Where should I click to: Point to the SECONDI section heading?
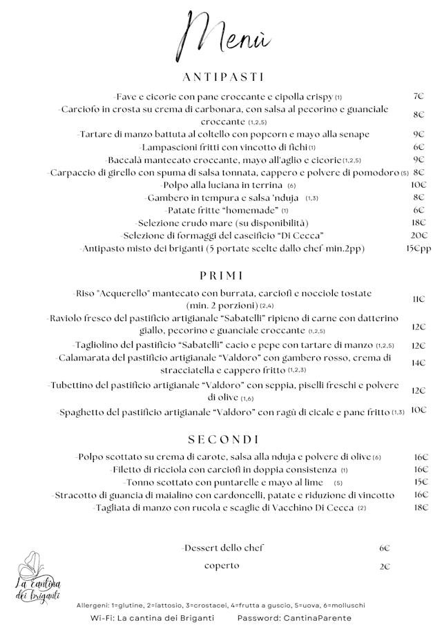point(223,439)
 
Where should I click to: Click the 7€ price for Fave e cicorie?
point(419,97)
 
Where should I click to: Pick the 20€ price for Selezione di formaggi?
point(419,235)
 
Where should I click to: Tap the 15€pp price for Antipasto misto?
point(418,249)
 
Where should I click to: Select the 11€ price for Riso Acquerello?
point(419,299)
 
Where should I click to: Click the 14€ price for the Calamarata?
point(419,363)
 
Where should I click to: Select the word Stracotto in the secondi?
point(75,494)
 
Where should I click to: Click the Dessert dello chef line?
point(223,548)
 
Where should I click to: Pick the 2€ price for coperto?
point(385,566)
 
